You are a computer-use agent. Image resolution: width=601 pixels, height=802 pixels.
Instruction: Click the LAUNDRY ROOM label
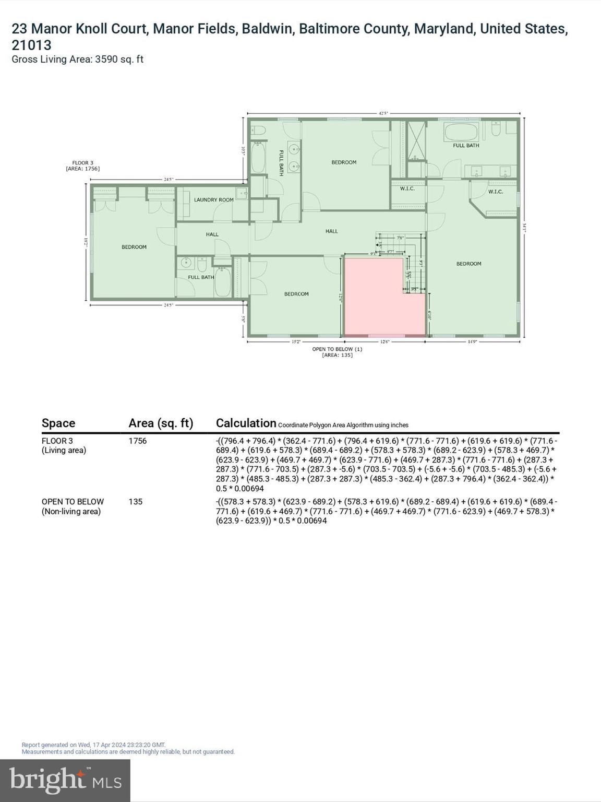coord(213,199)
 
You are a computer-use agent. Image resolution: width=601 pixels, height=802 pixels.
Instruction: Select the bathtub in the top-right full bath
coord(461,132)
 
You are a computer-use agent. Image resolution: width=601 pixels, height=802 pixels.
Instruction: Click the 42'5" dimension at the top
coord(383,113)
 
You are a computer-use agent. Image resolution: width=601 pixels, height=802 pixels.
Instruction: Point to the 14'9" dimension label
coord(472,342)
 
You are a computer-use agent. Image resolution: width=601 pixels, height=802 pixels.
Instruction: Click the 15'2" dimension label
coord(295,342)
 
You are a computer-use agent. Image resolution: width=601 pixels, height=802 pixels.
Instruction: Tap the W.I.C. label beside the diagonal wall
coord(495,192)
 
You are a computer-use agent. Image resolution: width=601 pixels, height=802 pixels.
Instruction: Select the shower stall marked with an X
coord(416,140)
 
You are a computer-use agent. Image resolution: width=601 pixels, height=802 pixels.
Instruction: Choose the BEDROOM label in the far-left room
coord(134,247)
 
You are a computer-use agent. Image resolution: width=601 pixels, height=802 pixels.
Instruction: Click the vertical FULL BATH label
coord(281,162)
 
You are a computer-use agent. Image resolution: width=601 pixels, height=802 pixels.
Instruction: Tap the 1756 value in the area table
coord(138,441)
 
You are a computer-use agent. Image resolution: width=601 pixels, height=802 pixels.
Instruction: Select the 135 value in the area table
coord(136,501)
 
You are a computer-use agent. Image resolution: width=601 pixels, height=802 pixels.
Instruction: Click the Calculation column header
coord(246,423)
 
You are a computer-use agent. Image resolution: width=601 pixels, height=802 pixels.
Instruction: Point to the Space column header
coord(58,423)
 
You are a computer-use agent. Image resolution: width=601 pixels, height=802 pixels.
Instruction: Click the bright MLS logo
coord(65,780)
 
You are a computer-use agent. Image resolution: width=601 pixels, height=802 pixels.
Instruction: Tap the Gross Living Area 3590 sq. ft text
coord(77,59)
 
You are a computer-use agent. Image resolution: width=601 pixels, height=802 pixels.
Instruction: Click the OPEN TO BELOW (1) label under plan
coord(337,349)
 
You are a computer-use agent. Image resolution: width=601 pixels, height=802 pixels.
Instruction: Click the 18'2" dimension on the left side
coord(85,242)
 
